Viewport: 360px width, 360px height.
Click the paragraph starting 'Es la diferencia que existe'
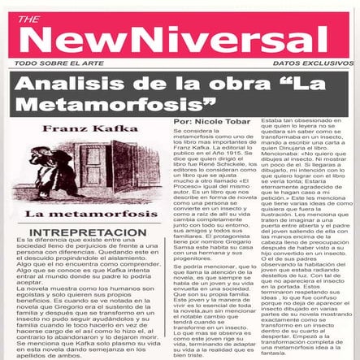[x=85, y=258]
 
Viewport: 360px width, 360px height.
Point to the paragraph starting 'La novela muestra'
[x=85, y=313]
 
